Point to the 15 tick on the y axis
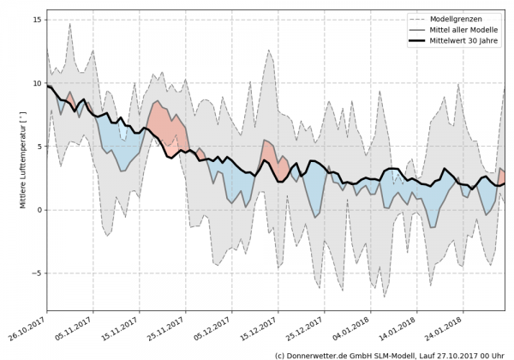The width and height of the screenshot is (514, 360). (38, 20)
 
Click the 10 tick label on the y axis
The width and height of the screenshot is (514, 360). (38, 83)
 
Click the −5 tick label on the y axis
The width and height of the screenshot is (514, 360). (37, 273)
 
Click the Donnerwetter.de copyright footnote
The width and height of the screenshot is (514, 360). (389, 354)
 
